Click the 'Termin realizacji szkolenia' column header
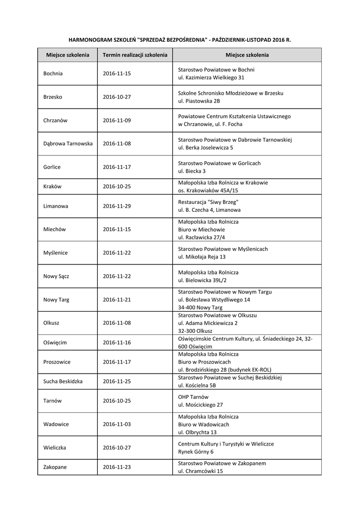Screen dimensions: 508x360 pyautogui.click(x=135, y=55)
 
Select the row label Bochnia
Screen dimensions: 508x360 pyautogui.click(x=53, y=73)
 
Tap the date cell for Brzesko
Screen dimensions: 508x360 pyautogui.click(x=117, y=97)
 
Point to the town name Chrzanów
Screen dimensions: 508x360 pyautogui.click(x=55, y=120)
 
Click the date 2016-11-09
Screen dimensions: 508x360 pyautogui.click(x=117, y=120)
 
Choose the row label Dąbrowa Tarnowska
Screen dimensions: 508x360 pyautogui.click(x=68, y=143)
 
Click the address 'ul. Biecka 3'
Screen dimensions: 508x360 pyautogui.click(x=192, y=171)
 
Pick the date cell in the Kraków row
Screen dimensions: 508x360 pyautogui.click(x=117, y=187)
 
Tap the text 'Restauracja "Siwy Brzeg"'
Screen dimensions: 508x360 pyautogui.click(x=209, y=202)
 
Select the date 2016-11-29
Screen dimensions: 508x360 pyautogui.click(x=117, y=205)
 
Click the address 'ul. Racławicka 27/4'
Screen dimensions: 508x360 pyautogui.click(x=201, y=238)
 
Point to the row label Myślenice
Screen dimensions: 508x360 pyautogui.click(x=56, y=253)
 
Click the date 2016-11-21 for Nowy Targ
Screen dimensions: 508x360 pyautogui.click(x=117, y=300)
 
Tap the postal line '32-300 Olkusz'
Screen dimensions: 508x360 pyautogui.click(x=195, y=331)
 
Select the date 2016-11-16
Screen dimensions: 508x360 pyautogui.click(x=117, y=342)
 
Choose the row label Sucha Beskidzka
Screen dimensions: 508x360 pyautogui.click(x=63, y=381)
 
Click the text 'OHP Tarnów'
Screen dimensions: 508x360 pyautogui.click(x=193, y=397)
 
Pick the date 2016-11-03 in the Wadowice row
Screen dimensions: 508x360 pyautogui.click(x=117, y=424)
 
